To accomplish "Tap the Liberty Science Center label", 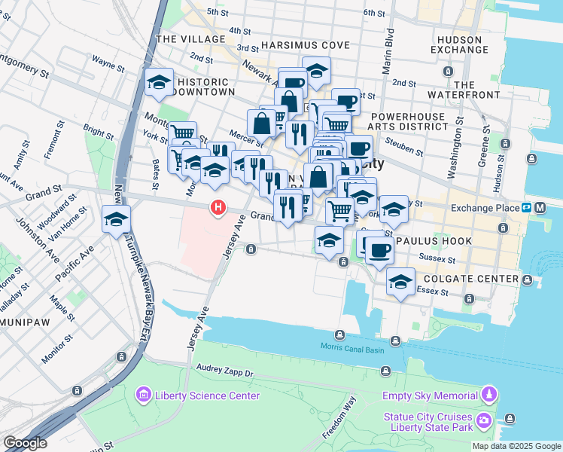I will (x=207, y=395).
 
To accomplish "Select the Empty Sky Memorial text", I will (x=430, y=395).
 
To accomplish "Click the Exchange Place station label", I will (x=485, y=208).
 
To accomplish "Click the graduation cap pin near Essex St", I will (x=400, y=282).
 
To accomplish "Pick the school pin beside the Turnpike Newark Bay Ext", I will (x=116, y=218).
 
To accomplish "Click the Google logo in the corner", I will (x=25, y=442).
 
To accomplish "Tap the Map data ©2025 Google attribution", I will (x=516, y=446).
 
